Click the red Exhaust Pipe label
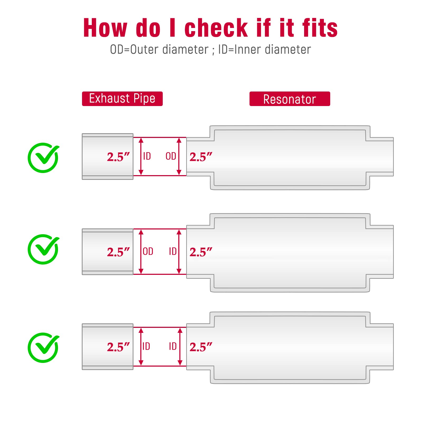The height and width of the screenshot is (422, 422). (x=122, y=99)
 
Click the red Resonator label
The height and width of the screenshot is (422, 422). (x=290, y=99)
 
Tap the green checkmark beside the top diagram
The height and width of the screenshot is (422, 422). (x=44, y=158)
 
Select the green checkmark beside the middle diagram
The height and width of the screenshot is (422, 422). (x=44, y=249)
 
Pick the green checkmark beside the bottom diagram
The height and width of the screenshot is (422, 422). (x=44, y=348)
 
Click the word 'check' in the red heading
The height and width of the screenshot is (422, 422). (x=216, y=28)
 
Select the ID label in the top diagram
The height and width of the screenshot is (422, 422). (x=147, y=156)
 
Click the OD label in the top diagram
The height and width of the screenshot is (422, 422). (x=171, y=156)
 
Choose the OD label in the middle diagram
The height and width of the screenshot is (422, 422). (x=148, y=251)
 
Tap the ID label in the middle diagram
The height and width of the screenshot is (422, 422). (x=173, y=251)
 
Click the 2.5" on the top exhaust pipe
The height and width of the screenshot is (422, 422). (x=118, y=157)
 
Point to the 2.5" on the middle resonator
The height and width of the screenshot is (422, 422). (x=201, y=252)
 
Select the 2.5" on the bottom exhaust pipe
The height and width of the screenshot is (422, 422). (x=118, y=347)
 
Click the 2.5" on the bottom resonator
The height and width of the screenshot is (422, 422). (x=201, y=347)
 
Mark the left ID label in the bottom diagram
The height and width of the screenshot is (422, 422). (x=146, y=346)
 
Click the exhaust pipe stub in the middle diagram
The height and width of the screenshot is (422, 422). (x=108, y=252)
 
